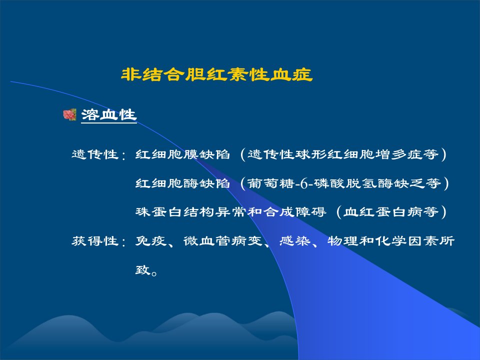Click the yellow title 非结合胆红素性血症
216,74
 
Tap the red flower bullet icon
69,115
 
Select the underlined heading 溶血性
108,115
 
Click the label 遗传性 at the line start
95,154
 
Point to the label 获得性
95,241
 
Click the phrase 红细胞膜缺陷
182,154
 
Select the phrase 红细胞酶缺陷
182,183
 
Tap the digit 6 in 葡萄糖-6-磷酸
304,184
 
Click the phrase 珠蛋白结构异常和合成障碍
231,212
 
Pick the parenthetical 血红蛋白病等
391,212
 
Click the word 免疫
151,241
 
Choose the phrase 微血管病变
223,241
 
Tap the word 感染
294,241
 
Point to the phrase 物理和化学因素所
390,241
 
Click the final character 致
143,270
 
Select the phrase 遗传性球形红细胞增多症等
343,154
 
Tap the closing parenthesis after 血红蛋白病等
443,212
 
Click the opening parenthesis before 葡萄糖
243,183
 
